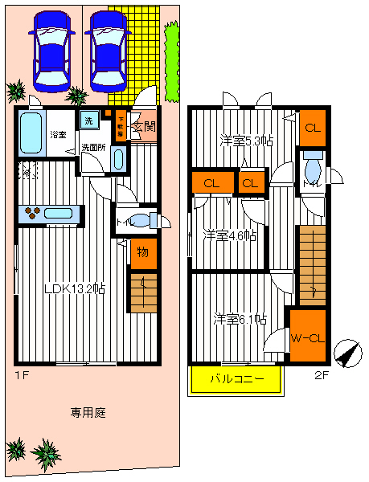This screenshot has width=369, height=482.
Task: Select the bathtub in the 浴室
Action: click(x=31, y=133)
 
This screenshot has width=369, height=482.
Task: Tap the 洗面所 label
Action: click(x=93, y=149)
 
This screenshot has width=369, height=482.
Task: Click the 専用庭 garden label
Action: click(x=88, y=413)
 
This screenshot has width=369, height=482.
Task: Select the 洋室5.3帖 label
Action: click(x=246, y=141)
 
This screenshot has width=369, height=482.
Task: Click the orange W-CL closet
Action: click(x=306, y=337)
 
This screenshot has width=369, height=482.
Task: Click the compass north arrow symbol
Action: click(x=346, y=353)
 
